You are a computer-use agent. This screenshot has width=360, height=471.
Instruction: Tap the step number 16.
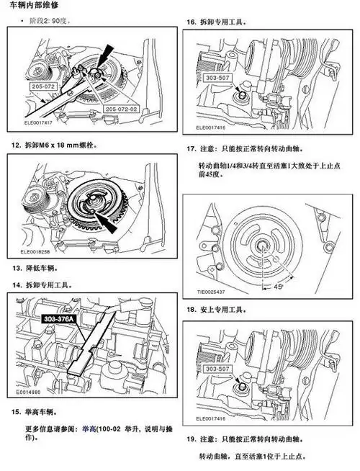(192, 23)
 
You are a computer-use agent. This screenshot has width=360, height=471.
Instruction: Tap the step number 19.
(192, 439)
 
